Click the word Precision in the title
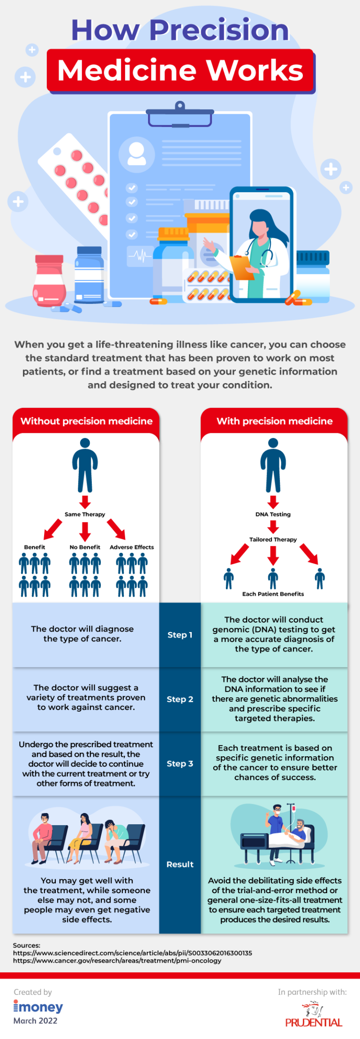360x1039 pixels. [219, 30]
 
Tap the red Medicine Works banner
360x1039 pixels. [180, 70]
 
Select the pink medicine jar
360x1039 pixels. [49, 281]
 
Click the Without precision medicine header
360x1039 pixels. [86, 421]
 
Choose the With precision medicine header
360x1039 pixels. [274, 421]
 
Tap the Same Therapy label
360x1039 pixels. [85, 514]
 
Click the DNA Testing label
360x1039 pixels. [273, 514]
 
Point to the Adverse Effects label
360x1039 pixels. [132, 547]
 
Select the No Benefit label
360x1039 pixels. [85, 547]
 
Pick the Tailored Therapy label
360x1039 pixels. [273, 540]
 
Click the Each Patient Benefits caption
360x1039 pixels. [273, 594]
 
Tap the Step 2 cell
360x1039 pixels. [180, 699]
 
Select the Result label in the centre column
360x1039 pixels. [180, 864]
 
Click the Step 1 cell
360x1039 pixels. [180, 635]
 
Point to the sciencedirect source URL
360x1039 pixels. [132, 953]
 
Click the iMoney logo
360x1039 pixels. [38, 1007]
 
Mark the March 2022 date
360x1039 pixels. [35, 1021]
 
